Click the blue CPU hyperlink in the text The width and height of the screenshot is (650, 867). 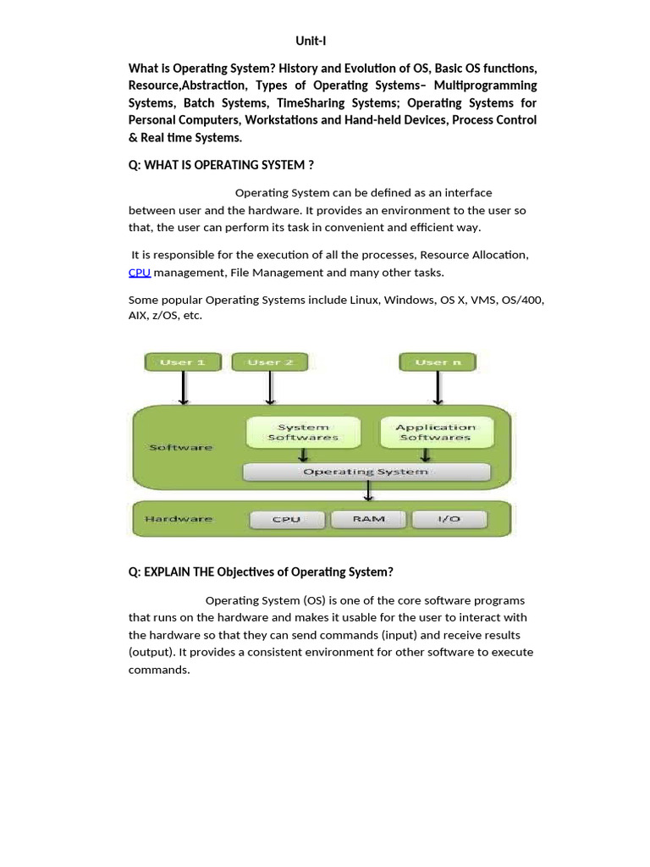pyautogui.click(x=140, y=273)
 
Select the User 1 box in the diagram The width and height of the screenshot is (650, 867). pyautogui.click(x=183, y=362)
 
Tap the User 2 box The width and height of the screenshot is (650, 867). pyautogui.click(x=270, y=362)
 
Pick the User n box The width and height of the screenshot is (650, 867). pyautogui.click(x=438, y=362)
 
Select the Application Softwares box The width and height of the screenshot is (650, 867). pyautogui.click(x=435, y=433)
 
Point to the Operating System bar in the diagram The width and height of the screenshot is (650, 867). pyautogui.click(x=366, y=472)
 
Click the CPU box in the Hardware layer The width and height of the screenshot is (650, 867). pyautogui.click(x=286, y=519)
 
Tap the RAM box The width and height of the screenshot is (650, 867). pyautogui.click(x=367, y=519)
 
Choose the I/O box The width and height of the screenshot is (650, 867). pyautogui.click(x=449, y=519)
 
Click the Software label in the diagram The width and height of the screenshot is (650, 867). pyautogui.click(x=180, y=447)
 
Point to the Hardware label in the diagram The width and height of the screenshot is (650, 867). pyautogui.click(x=179, y=519)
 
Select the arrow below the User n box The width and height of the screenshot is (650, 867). pyautogui.click(x=438, y=389)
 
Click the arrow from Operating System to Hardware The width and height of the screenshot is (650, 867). pyautogui.click(x=367, y=492)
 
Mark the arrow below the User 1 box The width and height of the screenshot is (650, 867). pyautogui.click(x=184, y=389)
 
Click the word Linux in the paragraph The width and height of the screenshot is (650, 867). pyautogui.click(x=366, y=301)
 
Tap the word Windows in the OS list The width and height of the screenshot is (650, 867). pyautogui.click(x=409, y=301)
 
